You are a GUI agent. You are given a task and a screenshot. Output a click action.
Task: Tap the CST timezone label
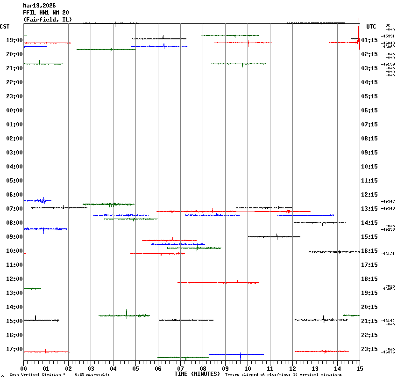tap(5, 27)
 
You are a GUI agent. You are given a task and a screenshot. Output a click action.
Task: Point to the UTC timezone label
tap(371, 27)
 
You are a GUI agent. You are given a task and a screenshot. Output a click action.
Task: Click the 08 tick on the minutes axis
tap(203, 369)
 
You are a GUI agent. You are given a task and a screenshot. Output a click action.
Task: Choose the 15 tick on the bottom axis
tap(359, 369)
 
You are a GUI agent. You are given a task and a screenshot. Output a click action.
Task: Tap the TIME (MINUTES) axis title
tap(197, 374)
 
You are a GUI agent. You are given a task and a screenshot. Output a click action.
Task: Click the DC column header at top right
tap(388, 25)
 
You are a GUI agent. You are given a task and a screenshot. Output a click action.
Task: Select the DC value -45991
tap(388, 36)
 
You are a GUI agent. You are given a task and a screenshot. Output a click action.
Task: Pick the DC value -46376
tap(388, 352)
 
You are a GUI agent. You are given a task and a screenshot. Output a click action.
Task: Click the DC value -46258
tap(388, 229)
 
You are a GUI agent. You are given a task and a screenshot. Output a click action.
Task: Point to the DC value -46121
tap(388, 254)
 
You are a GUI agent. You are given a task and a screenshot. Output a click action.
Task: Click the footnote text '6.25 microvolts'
tap(92, 375)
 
